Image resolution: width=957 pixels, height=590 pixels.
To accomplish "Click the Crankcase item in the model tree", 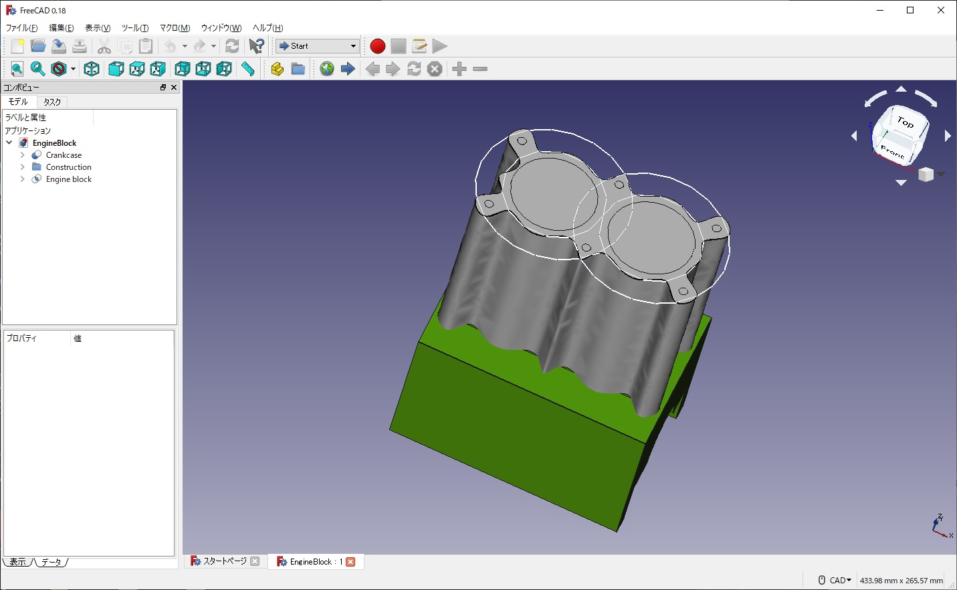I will tap(64, 155).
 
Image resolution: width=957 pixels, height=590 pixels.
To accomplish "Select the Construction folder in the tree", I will tap(68, 167).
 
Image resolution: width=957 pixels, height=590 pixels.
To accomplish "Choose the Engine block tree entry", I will tap(68, 179).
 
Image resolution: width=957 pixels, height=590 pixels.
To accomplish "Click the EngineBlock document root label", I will tap(54, 143).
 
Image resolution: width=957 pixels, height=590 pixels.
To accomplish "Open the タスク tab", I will tap(52, 102).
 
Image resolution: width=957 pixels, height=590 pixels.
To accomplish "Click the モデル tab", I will tap(18, 102).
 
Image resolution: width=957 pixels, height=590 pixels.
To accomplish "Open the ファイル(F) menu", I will tap(21, 28).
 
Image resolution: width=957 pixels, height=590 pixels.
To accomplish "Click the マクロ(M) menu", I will tap(175, 28).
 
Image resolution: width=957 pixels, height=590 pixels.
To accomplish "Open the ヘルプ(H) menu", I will tap(268, 28).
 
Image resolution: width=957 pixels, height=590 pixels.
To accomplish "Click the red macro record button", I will tap(378, 46).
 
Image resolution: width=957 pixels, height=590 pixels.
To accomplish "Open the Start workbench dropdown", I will tap(318, 46).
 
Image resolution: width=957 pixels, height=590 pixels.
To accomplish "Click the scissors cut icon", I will tap(104, 46).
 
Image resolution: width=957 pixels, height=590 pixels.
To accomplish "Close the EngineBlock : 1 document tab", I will tap(350, 562).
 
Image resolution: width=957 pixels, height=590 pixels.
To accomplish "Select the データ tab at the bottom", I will tap(51, 563).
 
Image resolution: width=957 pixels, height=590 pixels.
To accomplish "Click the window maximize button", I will tap(910, 10).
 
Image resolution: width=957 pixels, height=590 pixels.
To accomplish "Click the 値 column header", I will tap(78, 338).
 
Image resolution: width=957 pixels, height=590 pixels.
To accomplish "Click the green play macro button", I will tap(439, 46).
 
